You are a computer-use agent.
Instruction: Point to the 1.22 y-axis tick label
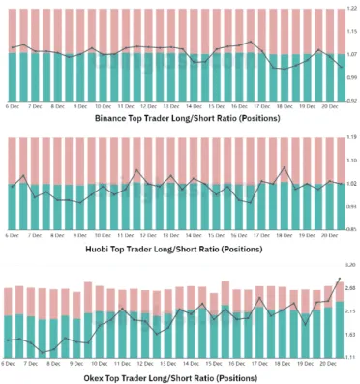point(350,9)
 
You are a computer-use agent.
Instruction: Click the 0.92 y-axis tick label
point(350,100)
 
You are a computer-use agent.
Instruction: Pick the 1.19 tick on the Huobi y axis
point(350,138)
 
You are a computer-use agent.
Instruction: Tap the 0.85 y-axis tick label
point(350,229)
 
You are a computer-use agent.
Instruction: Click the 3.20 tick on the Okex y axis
point(350,265)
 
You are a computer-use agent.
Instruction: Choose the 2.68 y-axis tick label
point(350,288)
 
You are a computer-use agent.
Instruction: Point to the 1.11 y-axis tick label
point(350,357)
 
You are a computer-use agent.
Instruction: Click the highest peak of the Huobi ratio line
point(284,168)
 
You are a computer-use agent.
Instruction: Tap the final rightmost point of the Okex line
point(340,279)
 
